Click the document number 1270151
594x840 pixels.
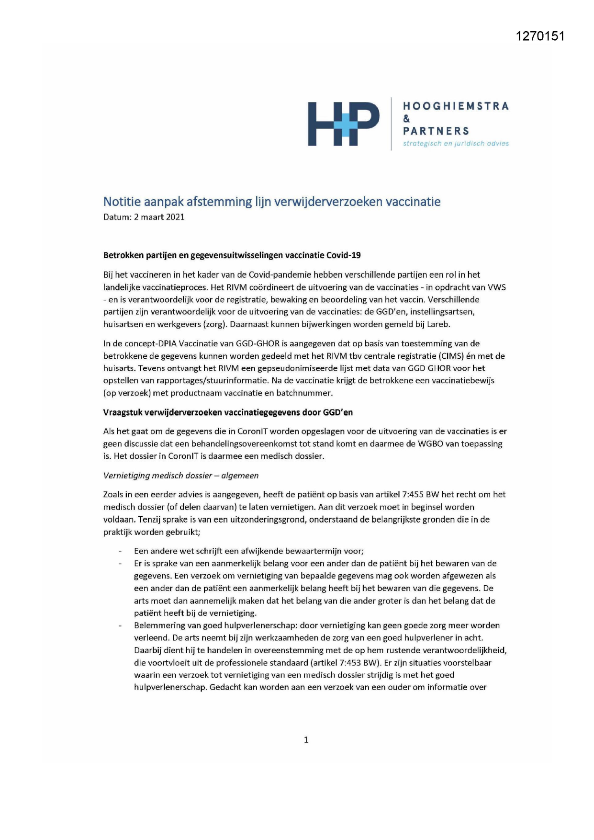click(540, 36)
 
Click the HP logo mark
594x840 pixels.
click(343, 123)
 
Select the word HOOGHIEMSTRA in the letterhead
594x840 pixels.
click(456, 106)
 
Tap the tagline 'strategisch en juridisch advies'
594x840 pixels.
click(456, 144)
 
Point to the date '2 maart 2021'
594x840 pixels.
click(159, 217)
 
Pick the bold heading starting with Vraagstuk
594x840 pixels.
click(228, 412)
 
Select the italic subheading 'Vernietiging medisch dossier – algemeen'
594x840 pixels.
click(181, 476)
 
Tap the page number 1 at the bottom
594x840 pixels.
click(306, 740)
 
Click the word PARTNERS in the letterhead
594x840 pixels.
click(436, 131)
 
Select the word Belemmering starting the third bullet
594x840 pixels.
click(157, 625)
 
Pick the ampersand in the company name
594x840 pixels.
click(406, 119)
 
